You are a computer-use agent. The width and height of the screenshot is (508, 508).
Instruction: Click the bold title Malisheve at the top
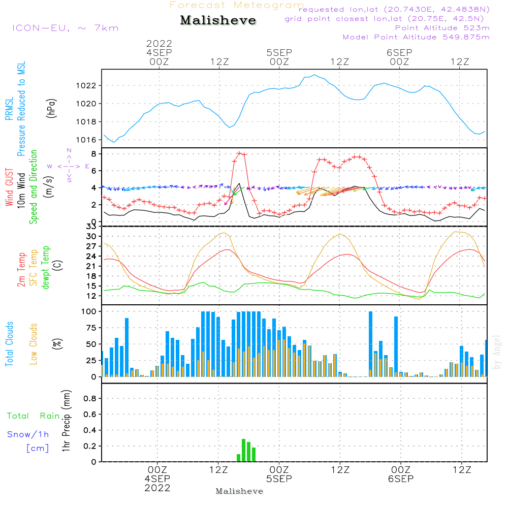[218, 20]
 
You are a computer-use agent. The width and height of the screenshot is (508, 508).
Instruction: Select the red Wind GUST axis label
[9, 188]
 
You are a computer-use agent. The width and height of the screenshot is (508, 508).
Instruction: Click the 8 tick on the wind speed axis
[94, 153]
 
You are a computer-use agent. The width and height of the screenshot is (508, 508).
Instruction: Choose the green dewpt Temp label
[46, 268]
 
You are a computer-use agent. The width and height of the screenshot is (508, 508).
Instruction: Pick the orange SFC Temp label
[34, 268]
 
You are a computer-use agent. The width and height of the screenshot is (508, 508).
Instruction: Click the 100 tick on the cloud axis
[89, 311]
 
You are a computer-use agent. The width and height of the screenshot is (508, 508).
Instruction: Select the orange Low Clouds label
[34, 343]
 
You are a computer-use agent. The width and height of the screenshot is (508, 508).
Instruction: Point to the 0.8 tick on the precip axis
[90, 399]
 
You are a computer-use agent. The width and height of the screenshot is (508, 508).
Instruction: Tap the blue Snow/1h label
[28, 435]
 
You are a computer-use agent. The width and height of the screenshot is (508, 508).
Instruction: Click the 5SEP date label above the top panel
[279, 52]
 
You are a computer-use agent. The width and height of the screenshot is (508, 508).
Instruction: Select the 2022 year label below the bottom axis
[157, 488]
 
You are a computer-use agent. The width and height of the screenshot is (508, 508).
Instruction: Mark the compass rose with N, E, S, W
[69, 166]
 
